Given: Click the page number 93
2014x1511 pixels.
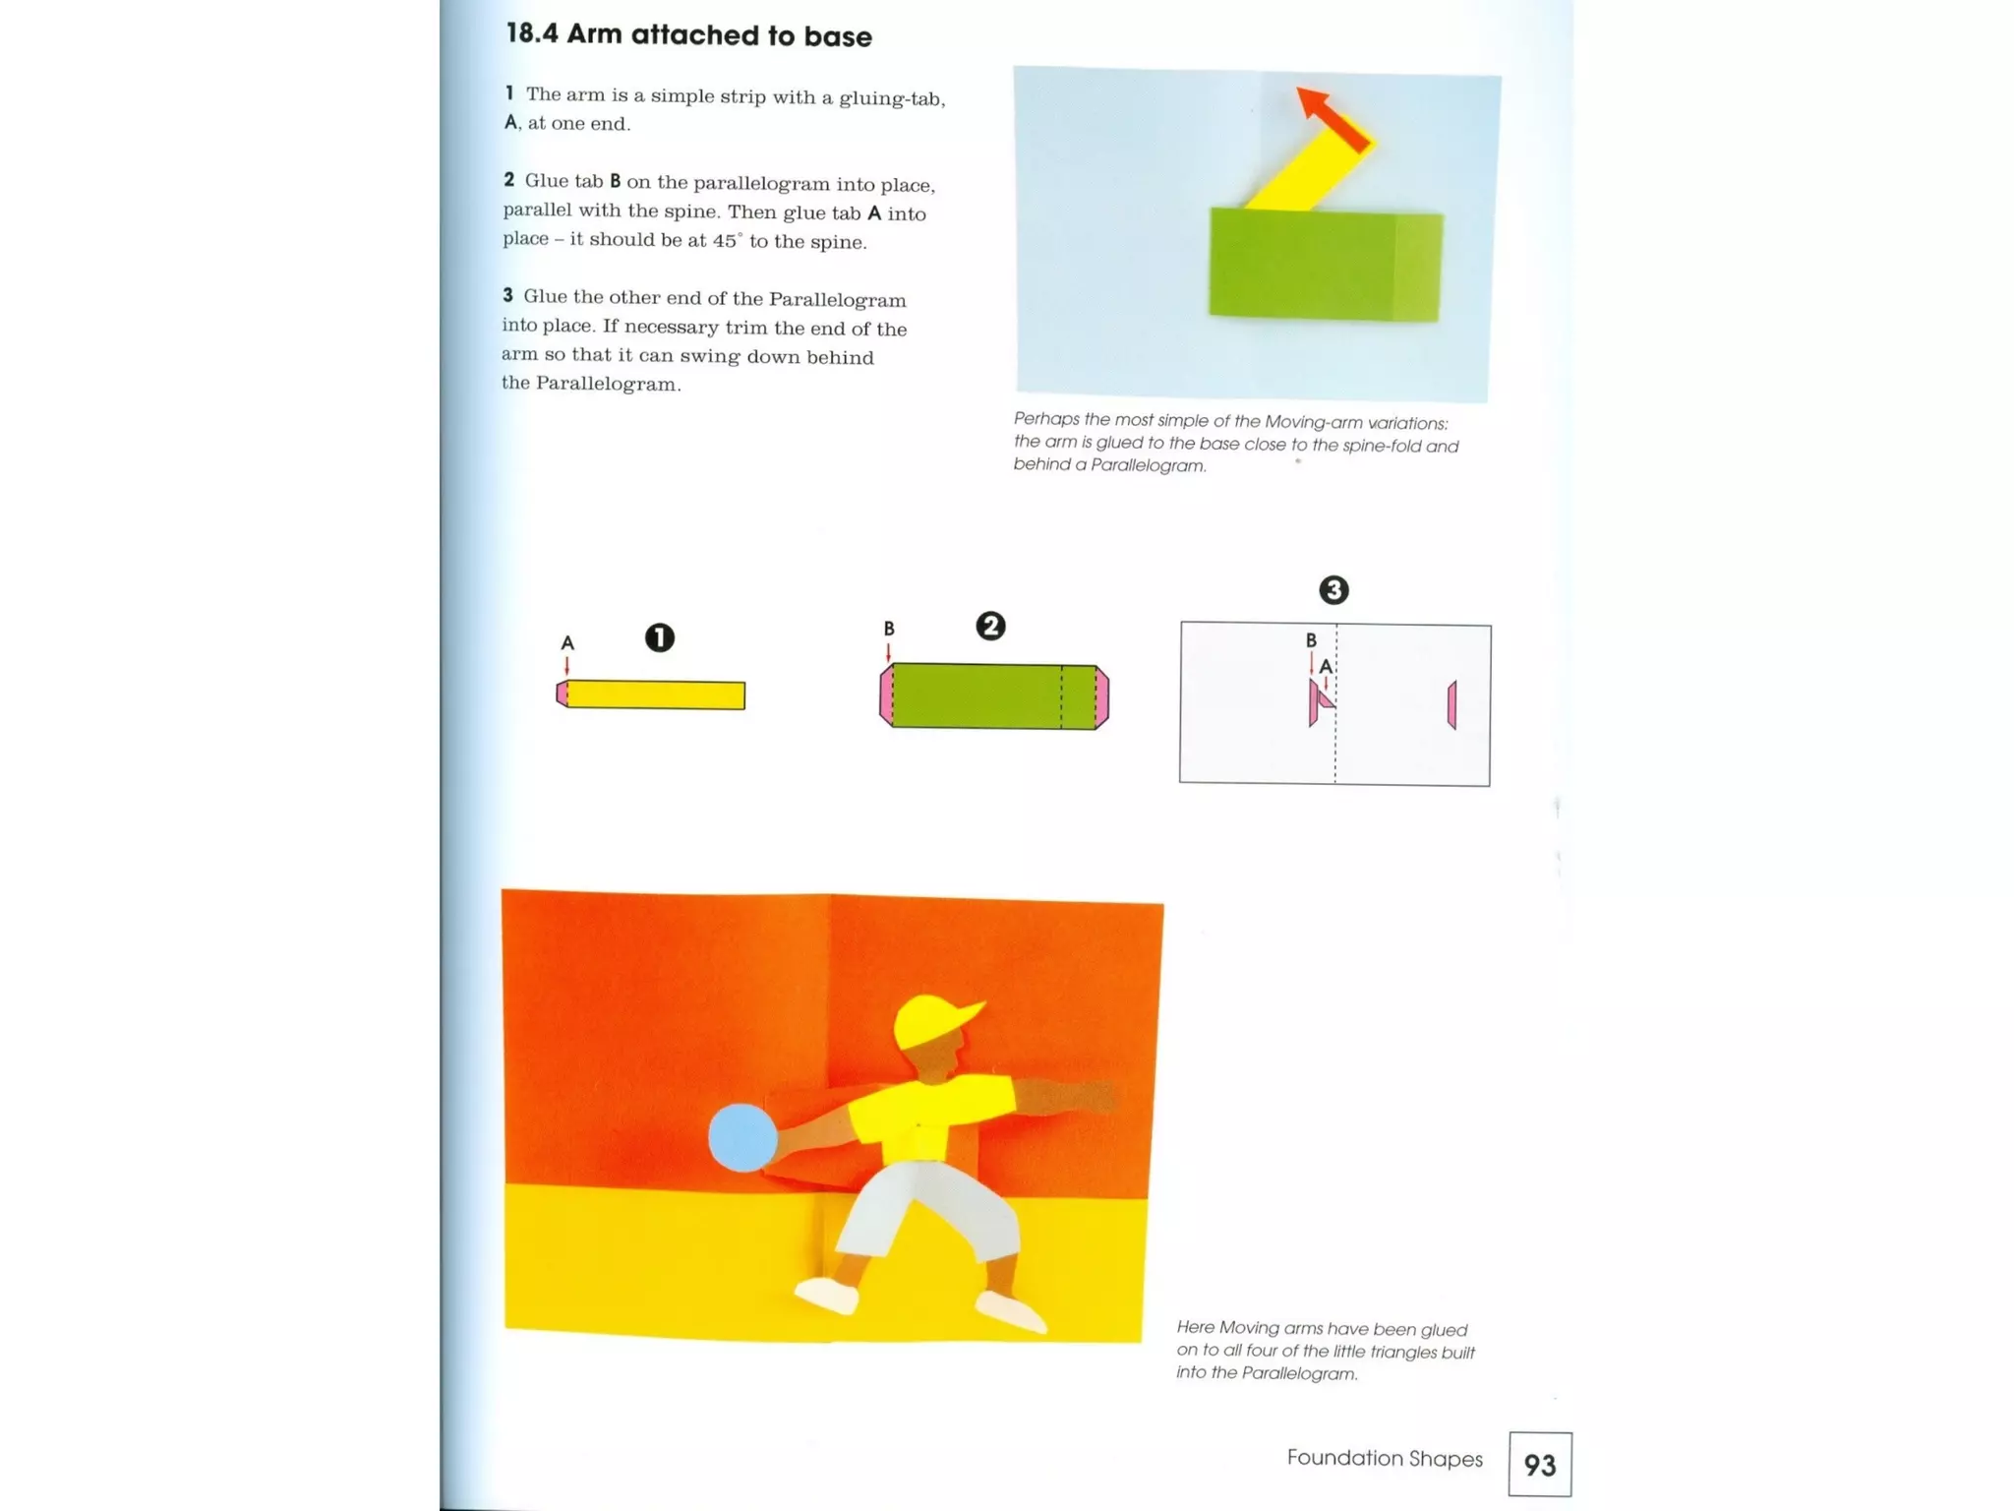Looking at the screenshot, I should [1539, 1465].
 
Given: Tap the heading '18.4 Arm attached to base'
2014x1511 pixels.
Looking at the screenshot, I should [688, 35].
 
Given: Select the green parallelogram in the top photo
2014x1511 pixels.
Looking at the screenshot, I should [1323, 264].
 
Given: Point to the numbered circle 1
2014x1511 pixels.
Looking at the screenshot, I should [659, 637].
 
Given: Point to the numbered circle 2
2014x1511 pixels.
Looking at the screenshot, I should [990, 627].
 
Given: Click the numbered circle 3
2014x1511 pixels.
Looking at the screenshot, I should [1333, 590].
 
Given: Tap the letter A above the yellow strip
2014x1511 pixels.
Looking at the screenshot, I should [567, 642].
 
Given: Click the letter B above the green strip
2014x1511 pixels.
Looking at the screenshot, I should [889, 629].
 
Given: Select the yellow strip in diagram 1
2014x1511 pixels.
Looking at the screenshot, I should [656, 695].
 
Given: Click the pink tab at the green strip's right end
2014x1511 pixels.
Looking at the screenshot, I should [1102, 696].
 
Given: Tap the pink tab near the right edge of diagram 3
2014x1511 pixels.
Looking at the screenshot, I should [1451, 704].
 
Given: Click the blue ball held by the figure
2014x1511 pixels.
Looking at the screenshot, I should [742, 1137].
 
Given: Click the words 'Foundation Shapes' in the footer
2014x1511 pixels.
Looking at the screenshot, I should [1384, 1458].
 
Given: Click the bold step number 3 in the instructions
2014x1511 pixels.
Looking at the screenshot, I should [507, 295].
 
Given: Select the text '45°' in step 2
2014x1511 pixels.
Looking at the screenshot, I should [726, 241].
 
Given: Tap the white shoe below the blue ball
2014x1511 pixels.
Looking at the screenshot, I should [826, 1296].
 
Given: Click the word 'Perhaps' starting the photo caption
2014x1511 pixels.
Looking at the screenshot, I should [1046, 420].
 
